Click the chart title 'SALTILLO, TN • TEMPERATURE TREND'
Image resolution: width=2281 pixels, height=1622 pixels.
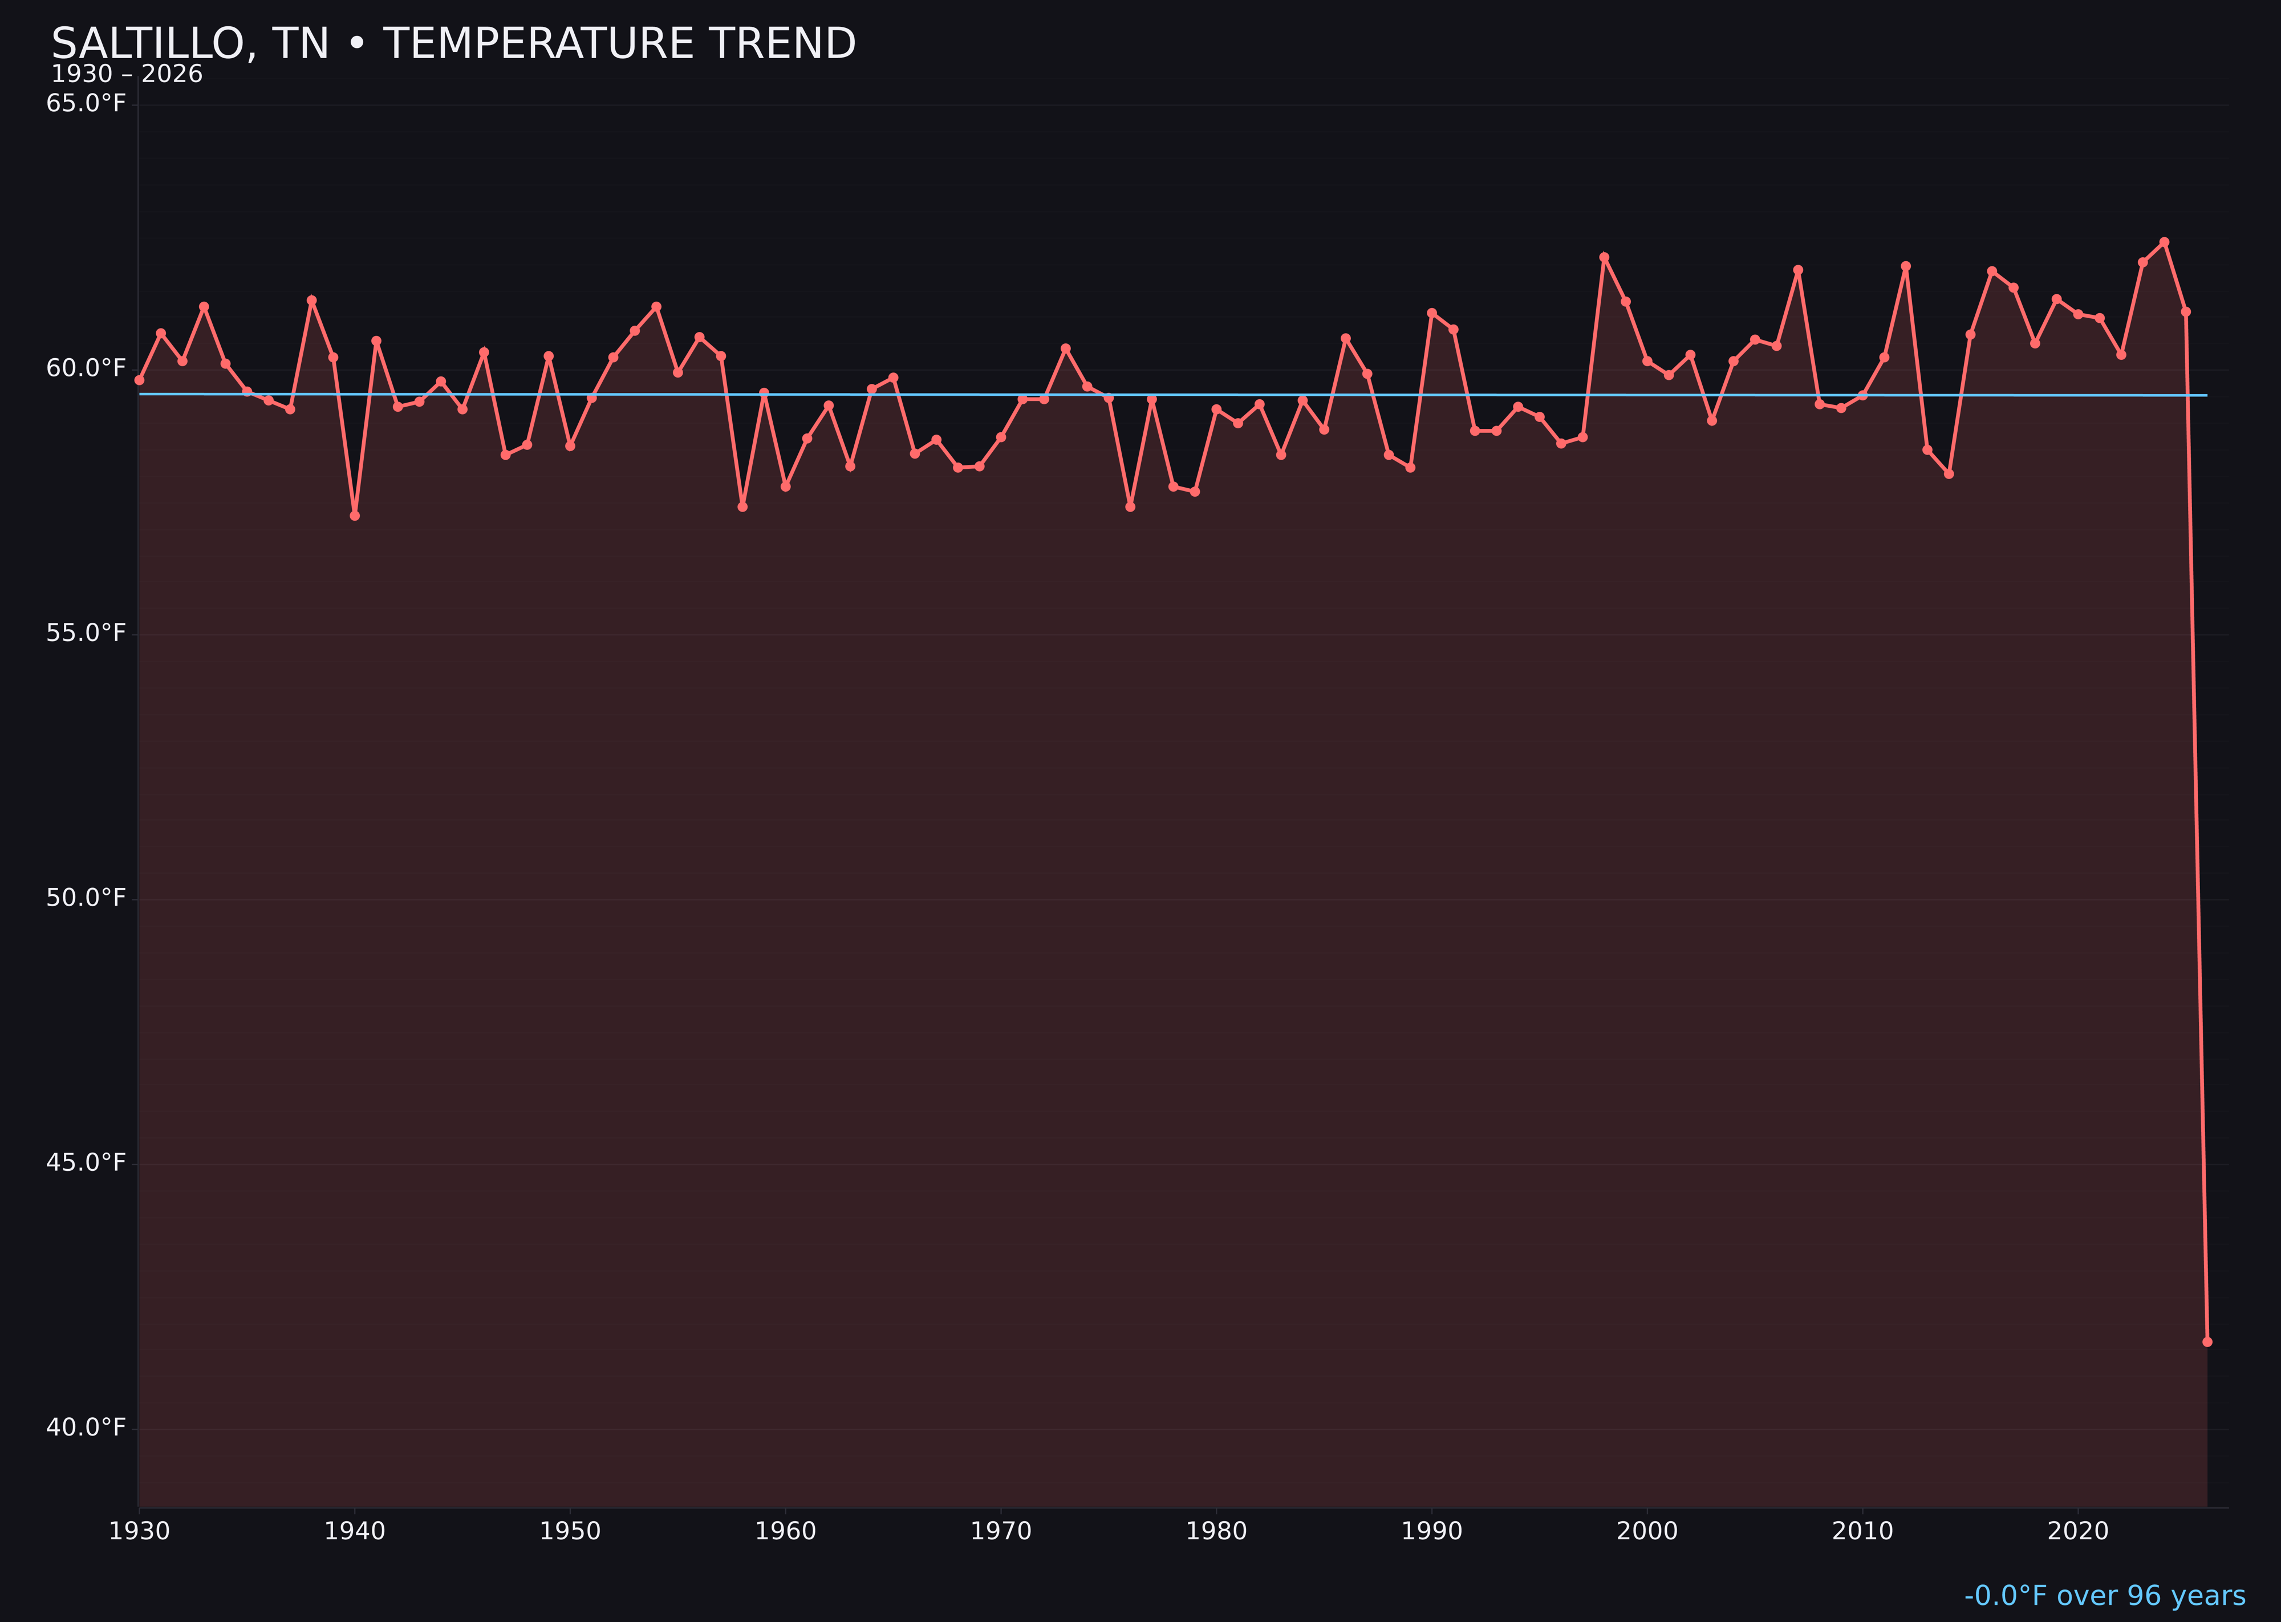pos(453,44)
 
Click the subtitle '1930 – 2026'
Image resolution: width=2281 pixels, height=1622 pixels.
pos(127,75)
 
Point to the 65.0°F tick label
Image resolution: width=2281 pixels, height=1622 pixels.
pos(86,104)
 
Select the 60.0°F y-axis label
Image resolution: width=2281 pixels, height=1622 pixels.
pos(86,368)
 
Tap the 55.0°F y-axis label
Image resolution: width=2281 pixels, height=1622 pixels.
pos(86,633)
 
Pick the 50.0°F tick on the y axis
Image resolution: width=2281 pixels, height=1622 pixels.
pos(86,898)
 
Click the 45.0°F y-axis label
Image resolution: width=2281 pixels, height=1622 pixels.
pos(86,1162)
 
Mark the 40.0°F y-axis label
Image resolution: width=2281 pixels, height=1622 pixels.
pos(86,1428)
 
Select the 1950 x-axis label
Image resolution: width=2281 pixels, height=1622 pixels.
pos(570,1531)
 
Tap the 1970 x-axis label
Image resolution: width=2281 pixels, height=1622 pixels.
pos(1001,1531)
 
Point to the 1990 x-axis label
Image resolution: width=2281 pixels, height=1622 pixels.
pos(1431,1531)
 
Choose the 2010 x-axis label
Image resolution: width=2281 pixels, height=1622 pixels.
pos(1862,1531)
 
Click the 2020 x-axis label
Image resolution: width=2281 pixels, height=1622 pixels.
pos(2078,1531)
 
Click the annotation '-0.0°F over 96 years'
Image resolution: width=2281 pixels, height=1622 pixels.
pos(2104,1596)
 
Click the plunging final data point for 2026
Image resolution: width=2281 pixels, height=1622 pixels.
pos(2207,1341)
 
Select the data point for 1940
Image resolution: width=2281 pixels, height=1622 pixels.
pos(355,516)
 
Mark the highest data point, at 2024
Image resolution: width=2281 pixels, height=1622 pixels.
pos(2164,242)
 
